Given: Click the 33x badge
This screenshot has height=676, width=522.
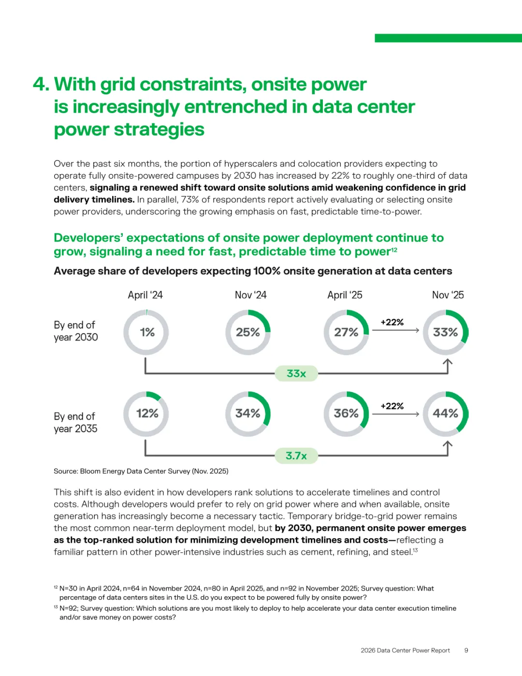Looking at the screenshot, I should click(x=296, y=373).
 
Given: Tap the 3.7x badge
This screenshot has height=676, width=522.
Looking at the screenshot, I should click(x=296, y=456).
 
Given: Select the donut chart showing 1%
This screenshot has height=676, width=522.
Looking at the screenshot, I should click(x=146, y=332).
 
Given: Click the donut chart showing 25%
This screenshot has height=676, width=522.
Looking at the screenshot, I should click(x=248, y=332).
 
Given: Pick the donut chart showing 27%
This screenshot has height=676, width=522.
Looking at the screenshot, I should click(x=346, y=332).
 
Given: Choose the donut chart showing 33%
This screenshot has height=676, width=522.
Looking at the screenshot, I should click(x=446, y=332).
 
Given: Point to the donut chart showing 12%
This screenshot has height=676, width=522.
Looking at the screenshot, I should click(x=146, y=414).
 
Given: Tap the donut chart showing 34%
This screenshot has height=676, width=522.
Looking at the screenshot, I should click(x=248, y=414).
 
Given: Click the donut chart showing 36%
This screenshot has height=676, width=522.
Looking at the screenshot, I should click(x=346, y=414).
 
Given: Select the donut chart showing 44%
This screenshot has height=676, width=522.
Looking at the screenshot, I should click(x=446, y=414).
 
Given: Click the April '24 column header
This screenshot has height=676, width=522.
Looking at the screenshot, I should click(x=145, y=295).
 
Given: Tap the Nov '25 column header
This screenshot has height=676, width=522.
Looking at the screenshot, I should click(x=448, y=295).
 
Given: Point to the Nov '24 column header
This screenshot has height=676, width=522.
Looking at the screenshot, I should click(x=250, y=295).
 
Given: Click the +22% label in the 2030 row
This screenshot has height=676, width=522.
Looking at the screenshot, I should click(x=392, y=322).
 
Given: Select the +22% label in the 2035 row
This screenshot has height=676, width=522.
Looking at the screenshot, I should click(x=392, y=406).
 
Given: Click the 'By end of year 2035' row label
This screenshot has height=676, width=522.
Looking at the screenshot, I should click(x=75, y=423).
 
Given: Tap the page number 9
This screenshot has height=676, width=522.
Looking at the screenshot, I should click(x=466, y=650).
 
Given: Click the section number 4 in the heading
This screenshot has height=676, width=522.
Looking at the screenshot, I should click(x=41, y=85).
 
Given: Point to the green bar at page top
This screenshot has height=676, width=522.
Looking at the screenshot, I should click(x=448, y=38).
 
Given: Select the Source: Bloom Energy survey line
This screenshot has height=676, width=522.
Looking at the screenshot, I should click(x=141, y=471).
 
